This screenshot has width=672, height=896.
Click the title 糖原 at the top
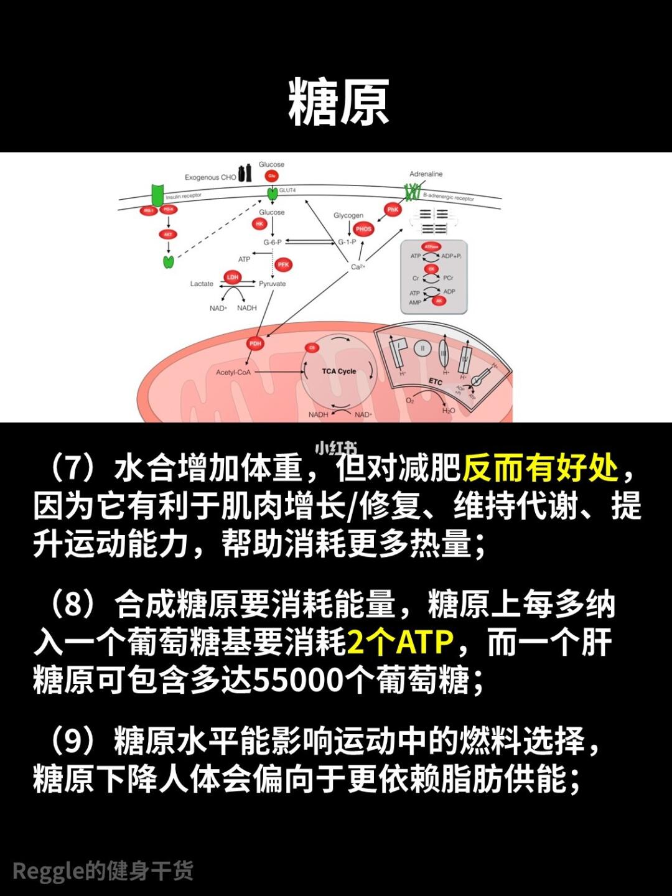click(x=338, y=103)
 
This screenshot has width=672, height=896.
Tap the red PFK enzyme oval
click(x=284, y=264)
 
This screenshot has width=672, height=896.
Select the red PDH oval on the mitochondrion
click(x=255, y=343)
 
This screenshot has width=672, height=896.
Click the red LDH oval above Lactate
click(x=232, y=277)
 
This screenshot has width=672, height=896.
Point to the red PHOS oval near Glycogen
click(x=363, y=229)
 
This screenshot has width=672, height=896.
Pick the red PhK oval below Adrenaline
click(x=393, y=210)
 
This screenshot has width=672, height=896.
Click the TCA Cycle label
click(x=338, y=371)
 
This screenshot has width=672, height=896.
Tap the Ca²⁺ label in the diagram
click(x=357, y=267)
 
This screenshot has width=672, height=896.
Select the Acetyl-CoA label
click(x=233, y=373)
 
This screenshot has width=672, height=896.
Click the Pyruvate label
click(x=273, y=284)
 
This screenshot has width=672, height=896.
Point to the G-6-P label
click(x=273, y=242)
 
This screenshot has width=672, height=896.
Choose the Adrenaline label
click(x=426, y=174)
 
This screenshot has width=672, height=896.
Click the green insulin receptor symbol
click(x=157, y=194)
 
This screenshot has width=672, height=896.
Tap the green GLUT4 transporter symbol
click(x=273, y=194)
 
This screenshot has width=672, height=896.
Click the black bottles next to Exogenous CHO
click(x=245, y=174)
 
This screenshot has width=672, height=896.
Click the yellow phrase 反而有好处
click(x=540, y=469)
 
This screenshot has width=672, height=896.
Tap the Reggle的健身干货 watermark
click(x=103, y=870)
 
